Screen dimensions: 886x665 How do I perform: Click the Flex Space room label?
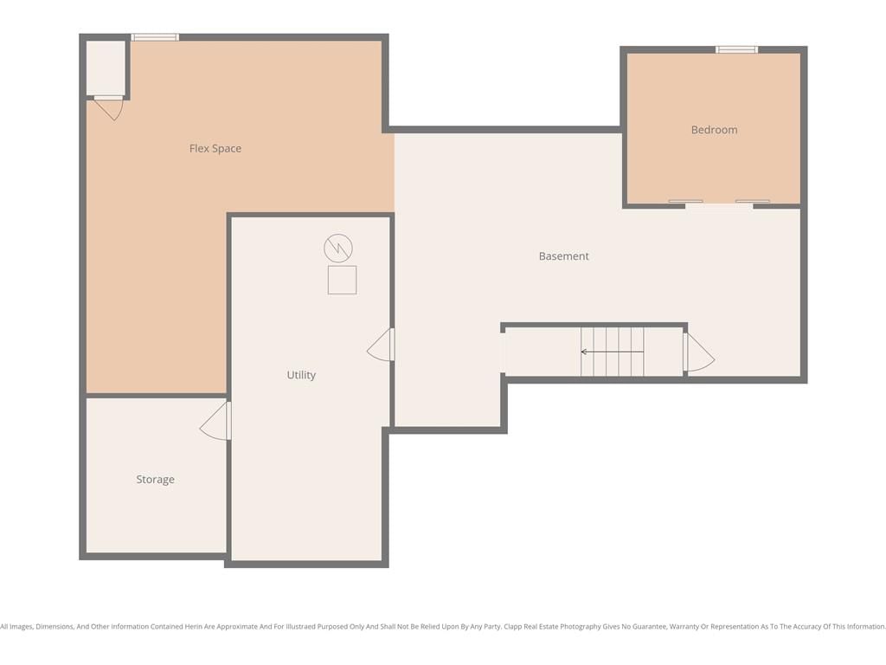tap(215, 149)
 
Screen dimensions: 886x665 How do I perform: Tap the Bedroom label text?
tap(714, 130)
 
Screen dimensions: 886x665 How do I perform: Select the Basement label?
tap(563, 256)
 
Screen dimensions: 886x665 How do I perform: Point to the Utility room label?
tap(301, 375)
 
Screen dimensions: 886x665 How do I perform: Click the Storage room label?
tap(156, 480)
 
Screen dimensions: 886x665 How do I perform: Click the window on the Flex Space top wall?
tap(155, 37)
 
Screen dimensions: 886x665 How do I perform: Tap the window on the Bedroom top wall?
tap(736, 49)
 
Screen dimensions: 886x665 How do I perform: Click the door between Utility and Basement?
tap(381, 345)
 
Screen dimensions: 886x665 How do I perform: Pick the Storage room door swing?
tap(215, 421)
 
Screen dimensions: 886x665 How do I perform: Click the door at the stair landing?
tap(698, 352)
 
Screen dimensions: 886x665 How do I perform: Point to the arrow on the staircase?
tap(612, 352)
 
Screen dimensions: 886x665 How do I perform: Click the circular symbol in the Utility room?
tap(338, 248)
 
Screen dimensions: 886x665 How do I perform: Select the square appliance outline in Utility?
tap(342, 280)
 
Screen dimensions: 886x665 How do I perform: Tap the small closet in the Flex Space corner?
tap(105, 68)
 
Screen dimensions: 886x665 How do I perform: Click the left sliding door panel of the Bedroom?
tap(685, 201)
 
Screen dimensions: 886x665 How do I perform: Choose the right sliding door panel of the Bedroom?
tap(752, 201)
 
